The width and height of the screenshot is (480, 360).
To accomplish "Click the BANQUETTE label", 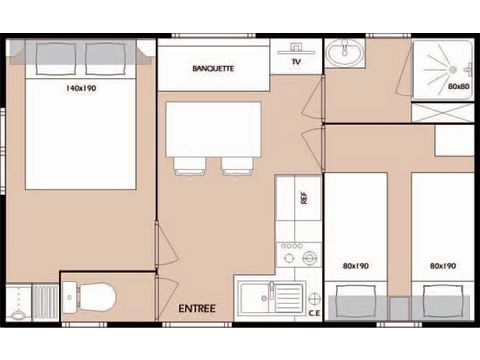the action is (213, 68).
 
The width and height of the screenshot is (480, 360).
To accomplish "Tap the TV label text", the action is (296, 62).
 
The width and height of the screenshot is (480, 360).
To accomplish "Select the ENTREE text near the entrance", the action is (197, 308).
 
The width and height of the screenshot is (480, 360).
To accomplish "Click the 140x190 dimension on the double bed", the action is (81, 88).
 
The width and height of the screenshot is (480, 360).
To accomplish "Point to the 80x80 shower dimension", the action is (459, 86).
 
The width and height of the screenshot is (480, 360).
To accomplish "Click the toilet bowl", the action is (97, 297).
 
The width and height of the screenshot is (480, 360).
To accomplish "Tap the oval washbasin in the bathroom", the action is (345, 52).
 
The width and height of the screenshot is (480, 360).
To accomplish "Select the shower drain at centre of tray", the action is (453, 70).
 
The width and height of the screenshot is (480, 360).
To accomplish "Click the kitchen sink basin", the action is (255, 298).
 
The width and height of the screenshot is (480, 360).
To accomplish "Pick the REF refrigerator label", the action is (304, 198).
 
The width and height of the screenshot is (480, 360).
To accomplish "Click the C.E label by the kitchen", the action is (314, 313).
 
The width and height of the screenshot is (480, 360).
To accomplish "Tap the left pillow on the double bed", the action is (56, 59).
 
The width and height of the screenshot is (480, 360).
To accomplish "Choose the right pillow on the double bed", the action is (106, 59).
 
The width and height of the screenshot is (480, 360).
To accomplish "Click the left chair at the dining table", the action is (189, 166).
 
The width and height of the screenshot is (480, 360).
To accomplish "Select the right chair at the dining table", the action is (237, 166).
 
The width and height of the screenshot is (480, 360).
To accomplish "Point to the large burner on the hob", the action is (310, 257).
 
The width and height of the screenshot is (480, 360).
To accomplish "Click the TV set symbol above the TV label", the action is (296, 49).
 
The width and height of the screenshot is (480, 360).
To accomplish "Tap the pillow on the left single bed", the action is (356, 301).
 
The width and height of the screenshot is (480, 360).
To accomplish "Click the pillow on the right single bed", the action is (443, 301).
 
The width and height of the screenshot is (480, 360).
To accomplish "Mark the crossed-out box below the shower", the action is (443, 113).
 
